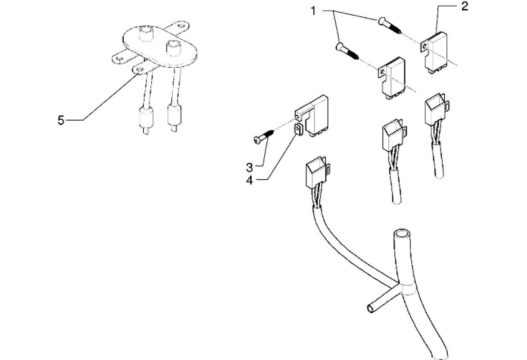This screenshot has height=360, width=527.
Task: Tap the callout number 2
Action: click(x=464, y=6)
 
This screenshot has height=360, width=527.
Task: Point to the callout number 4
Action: click(x=249, y=180)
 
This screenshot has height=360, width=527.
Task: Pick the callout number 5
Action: click(x=61, y=120)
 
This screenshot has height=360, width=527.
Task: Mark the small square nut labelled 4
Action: click(x=297, y=130)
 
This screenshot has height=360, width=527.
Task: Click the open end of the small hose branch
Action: click(x=370, y=308)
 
